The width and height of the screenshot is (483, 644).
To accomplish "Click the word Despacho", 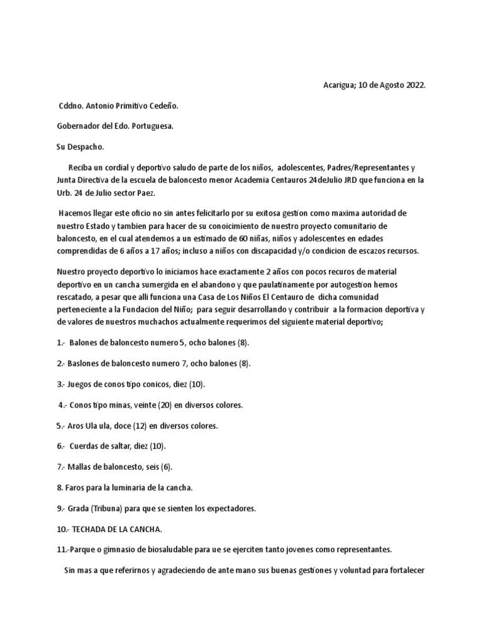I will pyautogui.click(x=87, y=147).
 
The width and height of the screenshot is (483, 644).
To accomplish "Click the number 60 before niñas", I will pyautogui.click(x=260, y=240).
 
